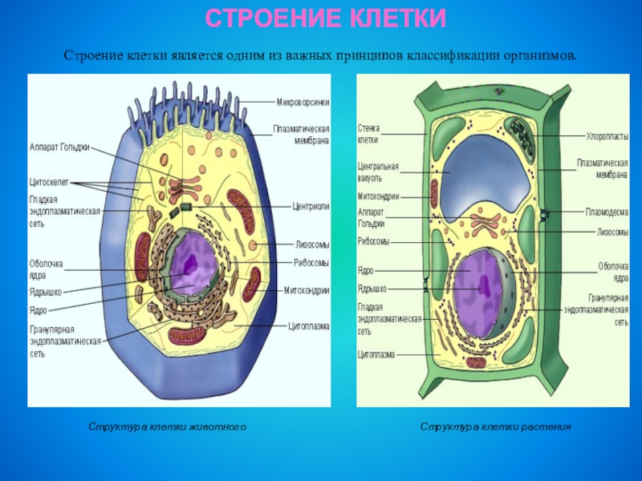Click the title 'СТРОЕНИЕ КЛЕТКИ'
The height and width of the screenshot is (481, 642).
325,18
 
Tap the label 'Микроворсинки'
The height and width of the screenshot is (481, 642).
303,102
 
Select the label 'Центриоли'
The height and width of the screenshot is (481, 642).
311,205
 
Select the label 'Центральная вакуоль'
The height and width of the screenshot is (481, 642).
378,172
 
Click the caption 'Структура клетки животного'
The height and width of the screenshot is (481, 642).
167,427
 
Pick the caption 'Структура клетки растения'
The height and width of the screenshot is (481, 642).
495,427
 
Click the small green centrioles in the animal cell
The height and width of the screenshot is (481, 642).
185,208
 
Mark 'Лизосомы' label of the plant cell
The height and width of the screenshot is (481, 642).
612,232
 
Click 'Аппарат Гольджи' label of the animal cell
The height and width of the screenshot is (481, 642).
59,148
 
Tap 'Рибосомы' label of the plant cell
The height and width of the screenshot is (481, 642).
373,241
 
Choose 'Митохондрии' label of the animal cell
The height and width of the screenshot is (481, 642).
307,290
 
